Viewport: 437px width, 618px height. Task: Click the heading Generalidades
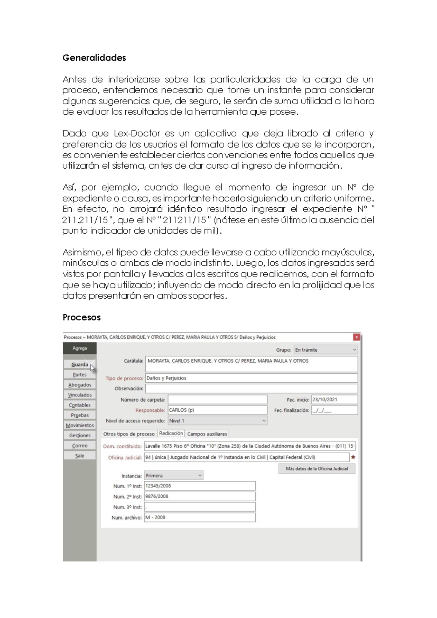click(x=94, y=58)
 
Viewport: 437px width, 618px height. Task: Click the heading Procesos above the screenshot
click(x=82, y=317)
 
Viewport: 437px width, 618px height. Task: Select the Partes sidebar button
click(x=79, y=375)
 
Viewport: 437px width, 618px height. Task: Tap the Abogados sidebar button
click(x=79, y=385)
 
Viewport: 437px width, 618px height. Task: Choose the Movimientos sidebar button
click(x=79, y=425)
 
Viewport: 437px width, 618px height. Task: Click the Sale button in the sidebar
click(x=79, y=455)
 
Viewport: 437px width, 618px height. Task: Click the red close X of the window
click(x=357, y=337)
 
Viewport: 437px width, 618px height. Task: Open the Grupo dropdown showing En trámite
click(x=326, y=350)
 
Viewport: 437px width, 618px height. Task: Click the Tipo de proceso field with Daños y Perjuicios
click(x=251, y=378)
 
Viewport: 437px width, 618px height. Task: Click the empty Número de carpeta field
click(x=217, y=400)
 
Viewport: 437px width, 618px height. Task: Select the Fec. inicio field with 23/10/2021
click(x=334, y=400)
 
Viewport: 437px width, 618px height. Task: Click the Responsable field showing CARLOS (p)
click(x=217, y=410)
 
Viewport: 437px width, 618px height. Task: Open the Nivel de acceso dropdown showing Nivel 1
click(x=217, y=421)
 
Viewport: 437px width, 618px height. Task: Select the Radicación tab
click(x=171, y=434)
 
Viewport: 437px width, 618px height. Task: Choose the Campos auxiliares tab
click(x=207, y=434)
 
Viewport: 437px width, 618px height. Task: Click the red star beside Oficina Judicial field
click(x=353, y=457)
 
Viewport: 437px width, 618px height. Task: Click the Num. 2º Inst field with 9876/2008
click(x=200, y=496)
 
